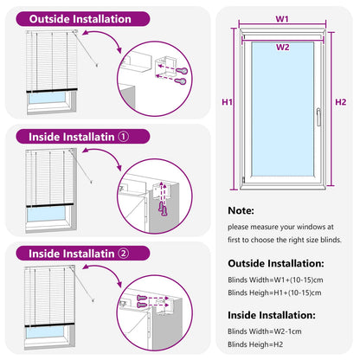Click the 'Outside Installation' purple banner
pos(80,19)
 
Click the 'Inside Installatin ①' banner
pos(79,136)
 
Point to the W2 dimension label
pos(282,47)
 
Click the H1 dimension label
pos(228,102)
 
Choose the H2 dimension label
pos(340,102)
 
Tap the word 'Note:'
pos(241,210)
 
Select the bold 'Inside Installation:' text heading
pos(271,315)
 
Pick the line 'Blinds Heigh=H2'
pos(255,346)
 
